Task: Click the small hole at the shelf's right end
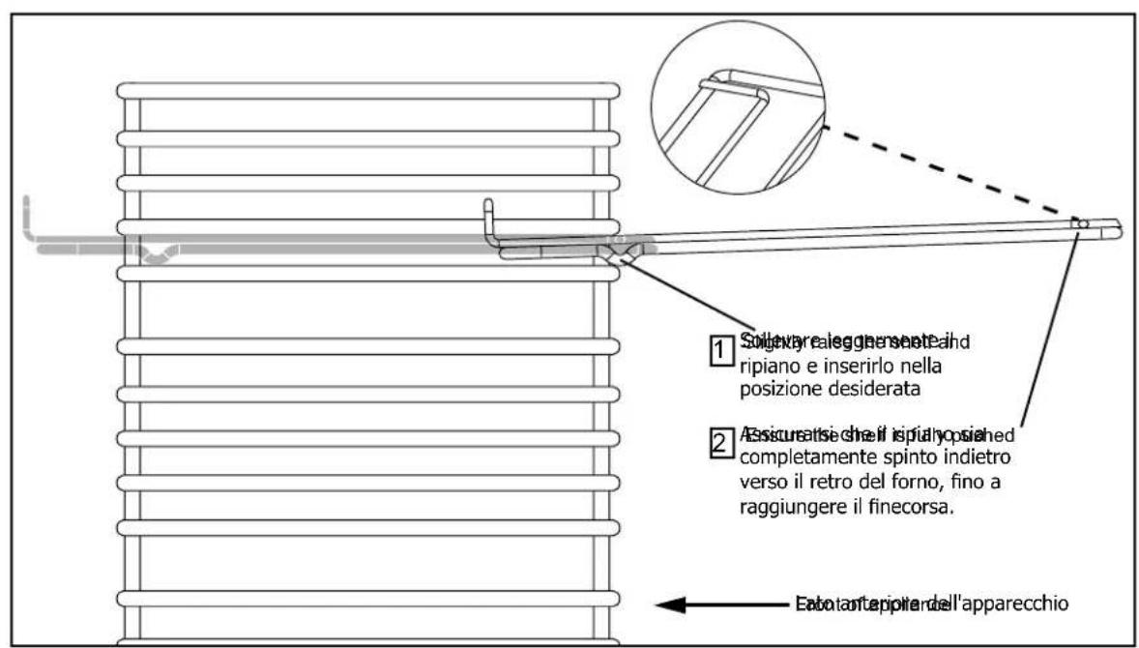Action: point(1084,223)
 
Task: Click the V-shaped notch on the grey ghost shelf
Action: point(156,256)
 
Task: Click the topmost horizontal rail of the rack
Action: point(367,91)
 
